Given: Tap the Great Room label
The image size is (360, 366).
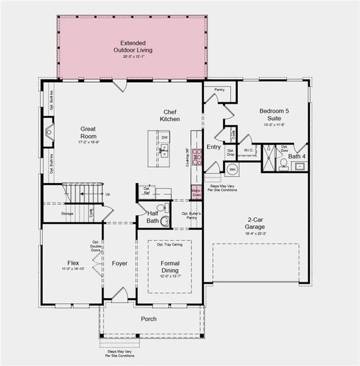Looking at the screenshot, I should coord(89,132).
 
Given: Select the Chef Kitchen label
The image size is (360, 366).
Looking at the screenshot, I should coord(170,115).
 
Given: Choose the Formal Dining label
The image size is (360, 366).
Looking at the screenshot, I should coord(170,266).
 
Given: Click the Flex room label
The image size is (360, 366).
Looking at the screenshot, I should coord(73,264).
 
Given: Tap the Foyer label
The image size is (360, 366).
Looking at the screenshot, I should coord(120,264).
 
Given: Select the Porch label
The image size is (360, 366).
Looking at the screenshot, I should coord(149,319).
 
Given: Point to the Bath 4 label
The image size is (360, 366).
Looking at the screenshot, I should coord(297,156).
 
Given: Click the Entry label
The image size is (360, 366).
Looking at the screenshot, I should coord(214,147).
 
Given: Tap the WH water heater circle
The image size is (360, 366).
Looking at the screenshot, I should coord(231,168).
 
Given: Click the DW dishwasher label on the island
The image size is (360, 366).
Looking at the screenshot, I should coord(165,138).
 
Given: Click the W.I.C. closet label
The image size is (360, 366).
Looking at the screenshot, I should coord(248,150).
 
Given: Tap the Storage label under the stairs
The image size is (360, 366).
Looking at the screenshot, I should coord(67,213).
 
